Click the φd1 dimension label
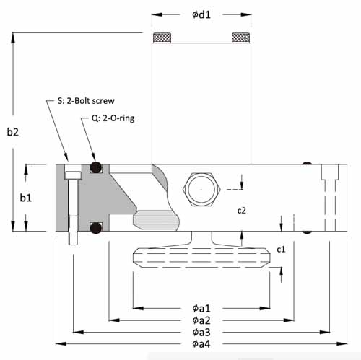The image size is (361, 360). pos(201,14)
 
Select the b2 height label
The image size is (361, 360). pos(12,131)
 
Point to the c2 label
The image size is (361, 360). pos(243,211)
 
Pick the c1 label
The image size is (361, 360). pos(282,249)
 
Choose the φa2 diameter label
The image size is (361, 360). pos(201,320)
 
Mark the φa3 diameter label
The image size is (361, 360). pos(201,332)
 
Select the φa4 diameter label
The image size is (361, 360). pos(201,344)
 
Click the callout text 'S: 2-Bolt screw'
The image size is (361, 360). pos(85,100)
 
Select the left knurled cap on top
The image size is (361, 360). pos(162,38)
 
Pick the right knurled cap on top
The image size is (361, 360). pos(240,38)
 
